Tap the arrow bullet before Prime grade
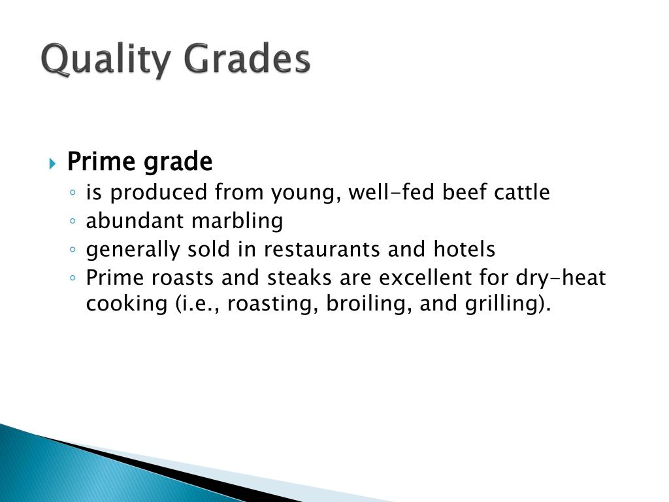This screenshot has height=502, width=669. tap(53, 163)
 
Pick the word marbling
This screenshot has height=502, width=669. tap(237, 222)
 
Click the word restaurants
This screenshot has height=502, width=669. tap(318, 250)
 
